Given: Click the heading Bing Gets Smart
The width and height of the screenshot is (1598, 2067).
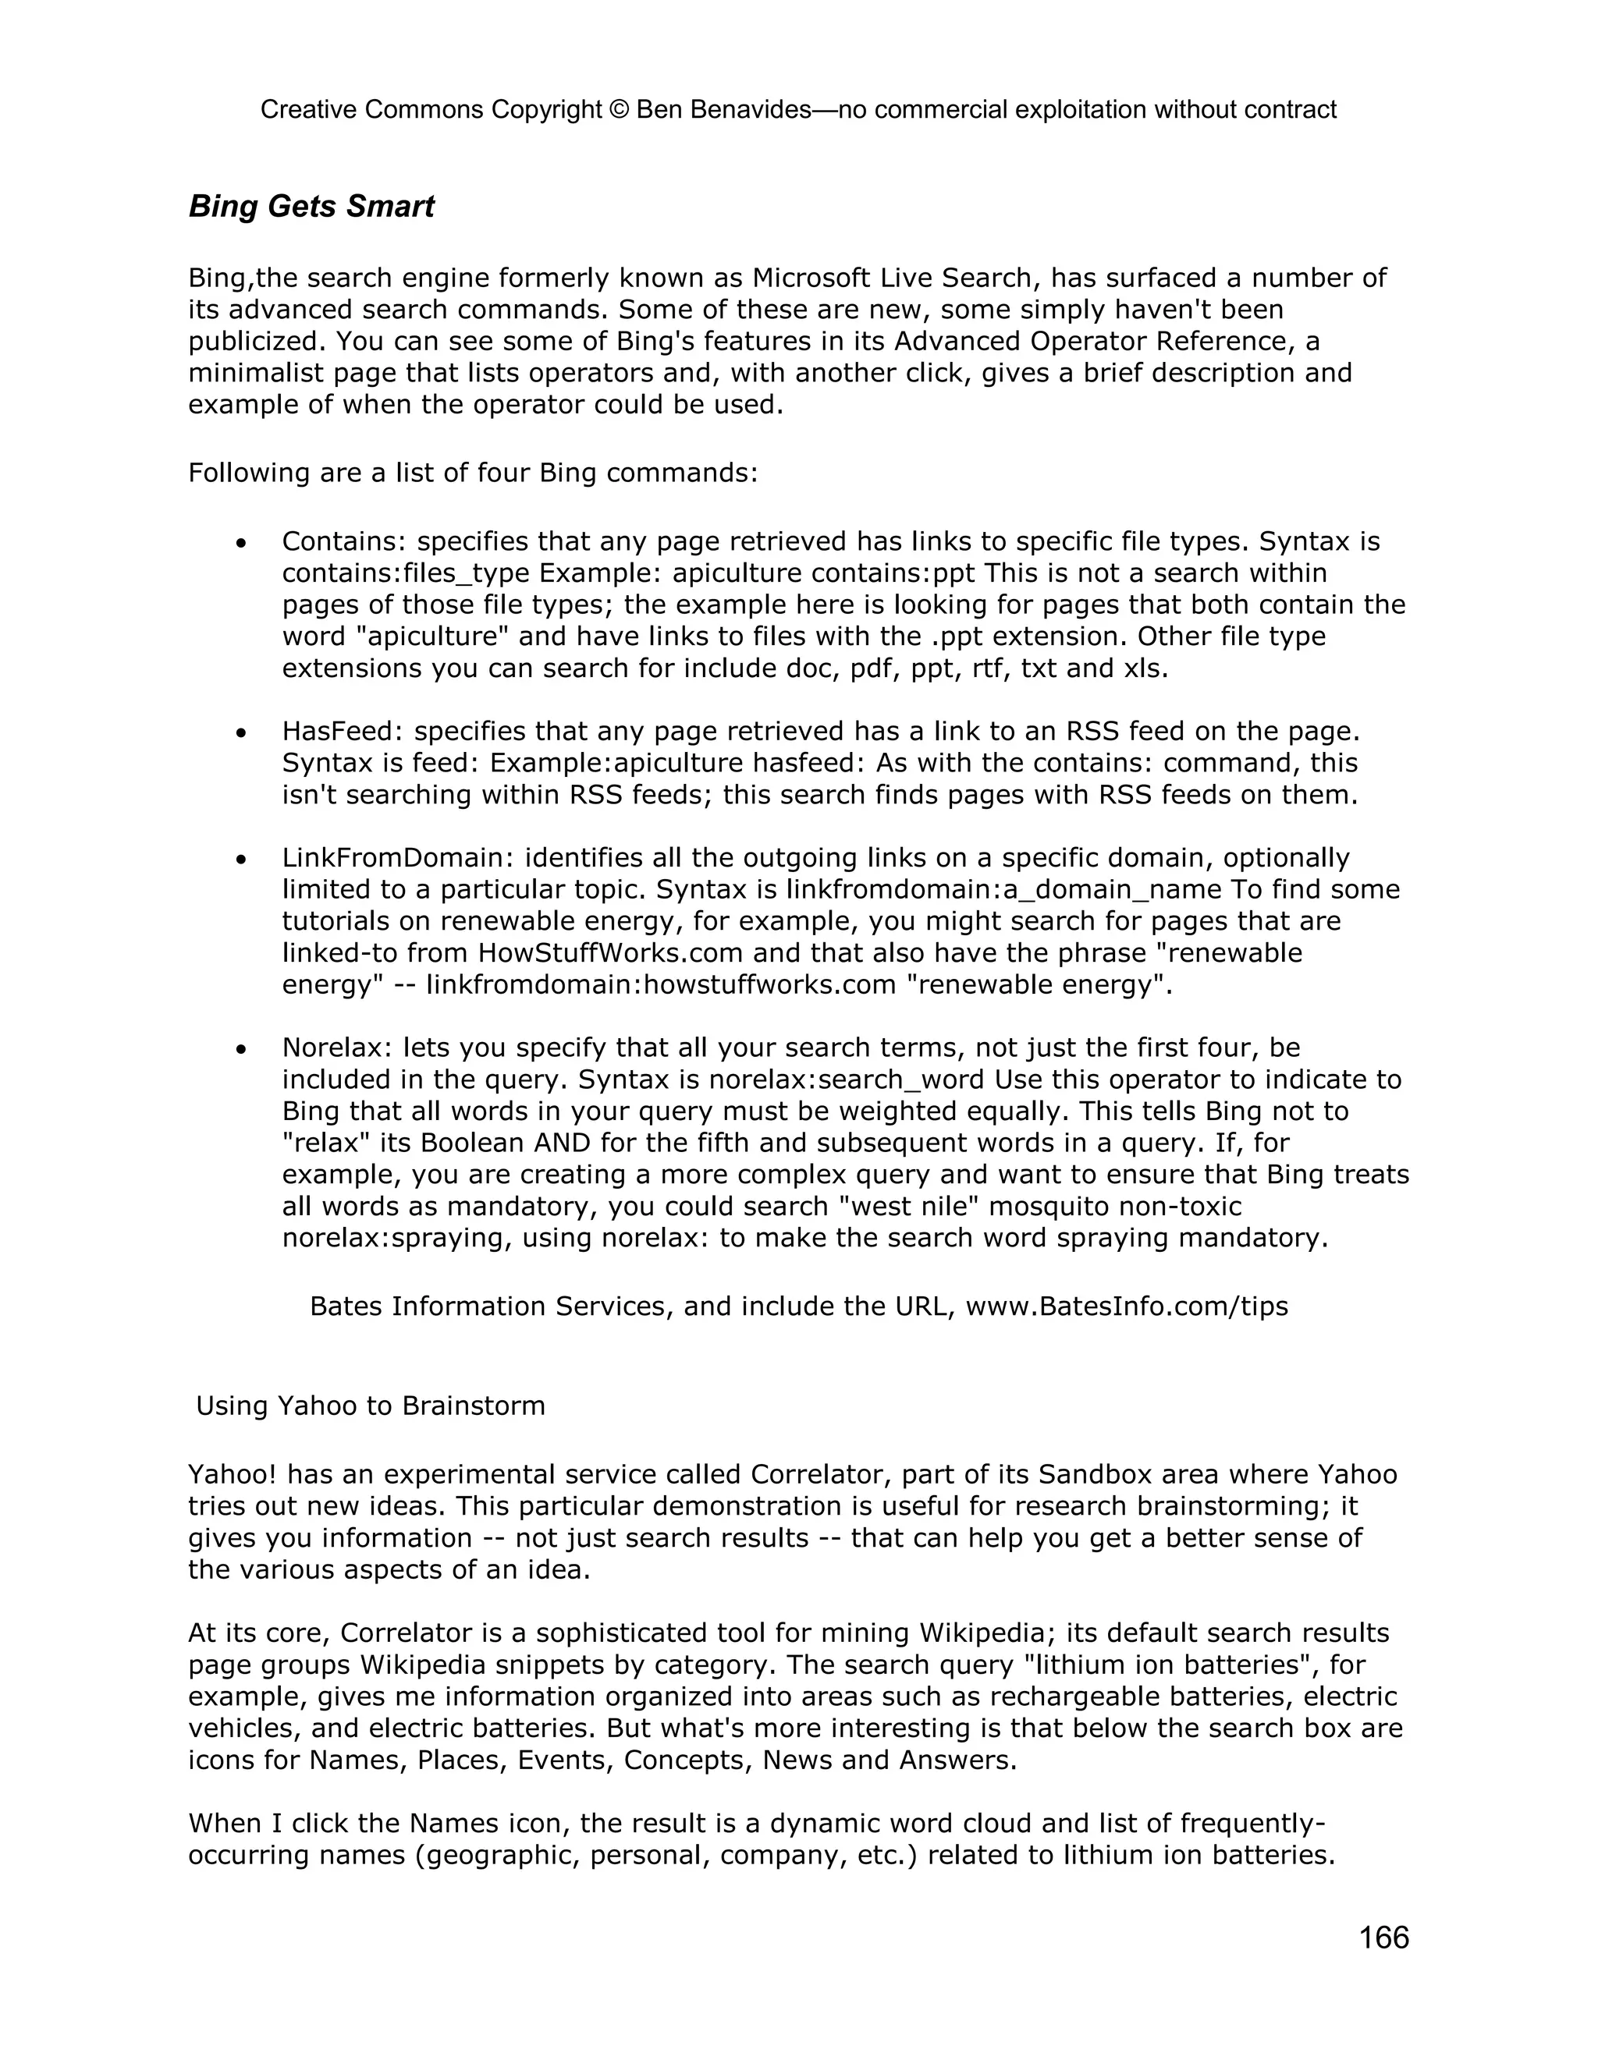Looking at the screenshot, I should tap(311, 207).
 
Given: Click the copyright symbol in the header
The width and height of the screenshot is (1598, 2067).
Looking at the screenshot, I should tap(619, 110).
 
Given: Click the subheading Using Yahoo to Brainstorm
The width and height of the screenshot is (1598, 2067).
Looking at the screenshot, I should tap(370, 1406).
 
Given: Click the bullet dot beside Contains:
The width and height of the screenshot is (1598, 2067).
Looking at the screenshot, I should tap(243, 543).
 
